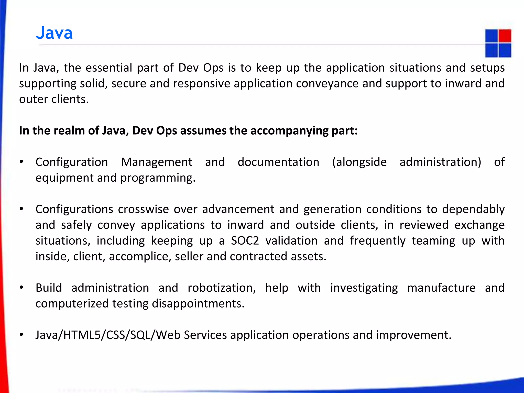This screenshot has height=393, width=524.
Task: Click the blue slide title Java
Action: [x=54, y=33]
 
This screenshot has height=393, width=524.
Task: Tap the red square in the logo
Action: [x=505, y=36]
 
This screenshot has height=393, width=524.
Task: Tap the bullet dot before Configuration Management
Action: [x=21, y=162]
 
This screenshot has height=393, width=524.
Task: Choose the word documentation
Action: [x=278, y=162]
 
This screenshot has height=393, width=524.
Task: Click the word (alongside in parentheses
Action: [x=359, y=162]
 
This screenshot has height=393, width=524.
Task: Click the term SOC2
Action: [x=245, y=241]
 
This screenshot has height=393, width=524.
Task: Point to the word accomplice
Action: [x=140, y=257]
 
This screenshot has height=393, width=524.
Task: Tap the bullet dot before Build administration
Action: [x=21, y=288]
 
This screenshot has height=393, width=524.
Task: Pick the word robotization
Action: [x=222, y=288]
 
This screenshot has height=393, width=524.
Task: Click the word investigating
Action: [x=364, y=288]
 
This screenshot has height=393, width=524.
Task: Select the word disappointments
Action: [x=198, y=304]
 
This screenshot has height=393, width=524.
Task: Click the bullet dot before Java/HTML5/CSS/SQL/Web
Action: [x=21, y=335]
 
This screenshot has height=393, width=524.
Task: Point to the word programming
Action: [x=158, y=178]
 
